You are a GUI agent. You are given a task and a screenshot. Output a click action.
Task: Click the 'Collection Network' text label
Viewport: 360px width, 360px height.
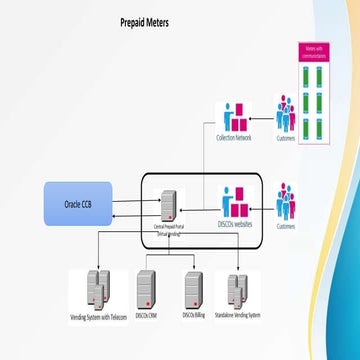(x=234, y=138)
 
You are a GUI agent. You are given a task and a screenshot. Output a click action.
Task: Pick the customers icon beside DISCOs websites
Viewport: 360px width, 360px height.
(x=286, y=200)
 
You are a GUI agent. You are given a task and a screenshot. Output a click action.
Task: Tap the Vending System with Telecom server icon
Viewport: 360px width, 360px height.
(x=97, y=286)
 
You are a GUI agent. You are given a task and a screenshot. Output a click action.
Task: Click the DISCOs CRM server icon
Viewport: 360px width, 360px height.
(x=146, y=288)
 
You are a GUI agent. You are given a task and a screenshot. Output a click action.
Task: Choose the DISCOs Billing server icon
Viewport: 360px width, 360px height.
(x=193, y=288)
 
